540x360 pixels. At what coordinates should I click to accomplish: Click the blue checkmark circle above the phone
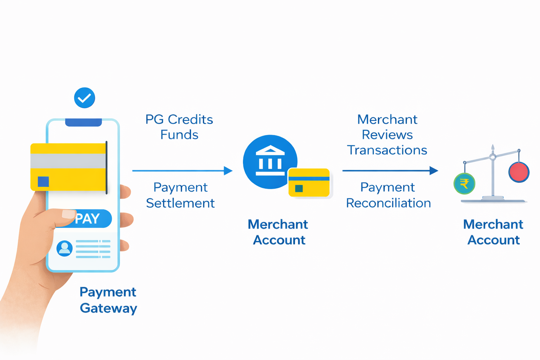point(84,98)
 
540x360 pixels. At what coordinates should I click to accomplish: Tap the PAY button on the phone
point(90,219)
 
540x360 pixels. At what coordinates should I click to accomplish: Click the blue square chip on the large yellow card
point(43,181)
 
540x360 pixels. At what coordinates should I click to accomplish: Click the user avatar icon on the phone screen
point(64,248)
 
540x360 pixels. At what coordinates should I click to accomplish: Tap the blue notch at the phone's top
point(83,122)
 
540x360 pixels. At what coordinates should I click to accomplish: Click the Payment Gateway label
point(108,300)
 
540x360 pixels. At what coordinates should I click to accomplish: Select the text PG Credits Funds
point(179,127)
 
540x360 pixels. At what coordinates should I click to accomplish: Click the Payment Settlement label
point(180,195)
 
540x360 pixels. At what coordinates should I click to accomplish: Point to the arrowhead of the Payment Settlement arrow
point(229,171)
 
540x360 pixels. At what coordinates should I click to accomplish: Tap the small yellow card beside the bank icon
point(309,182)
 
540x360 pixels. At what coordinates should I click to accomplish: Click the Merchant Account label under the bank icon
point(278,232)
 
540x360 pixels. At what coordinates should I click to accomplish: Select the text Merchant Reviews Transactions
point(387,135)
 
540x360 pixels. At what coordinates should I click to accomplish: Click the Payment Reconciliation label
point(388,195)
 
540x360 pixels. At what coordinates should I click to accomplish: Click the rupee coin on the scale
point(464,184)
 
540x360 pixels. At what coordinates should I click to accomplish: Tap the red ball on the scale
point(519,172)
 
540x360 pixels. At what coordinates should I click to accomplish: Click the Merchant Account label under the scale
point(493,232)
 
